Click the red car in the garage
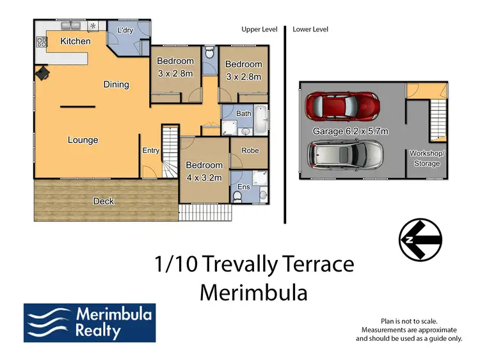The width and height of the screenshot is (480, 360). pyautogui.click(x=342, y=108)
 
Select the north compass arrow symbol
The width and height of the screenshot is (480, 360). pyautogui.click(x=420, y=240)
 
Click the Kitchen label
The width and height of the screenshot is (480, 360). pyautogui.click(x=76, y=41)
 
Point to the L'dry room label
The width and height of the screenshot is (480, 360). pyautogui.click(x=125, y=29)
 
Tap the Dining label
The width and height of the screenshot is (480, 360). pyautogui.click(x=116, y=84)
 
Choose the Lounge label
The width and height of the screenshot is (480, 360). pyautogui.click(x=83, y=140)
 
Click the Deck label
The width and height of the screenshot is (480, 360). pyautogui.click(x=103, y=201)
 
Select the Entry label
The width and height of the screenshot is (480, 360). pyautogui.click(x=150, y=151)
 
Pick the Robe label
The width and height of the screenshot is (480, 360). pyautogui.click(x=250, y=151)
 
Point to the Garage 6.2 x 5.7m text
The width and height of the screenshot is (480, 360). pyautogui.click(x=350, y=131)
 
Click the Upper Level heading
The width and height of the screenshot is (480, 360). pyautogui.click(x=259, y=29)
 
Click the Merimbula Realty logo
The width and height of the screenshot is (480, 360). pyautogui.click(x=89, y=322)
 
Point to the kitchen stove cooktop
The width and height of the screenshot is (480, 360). pyautogui.click(x=42, y=42)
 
